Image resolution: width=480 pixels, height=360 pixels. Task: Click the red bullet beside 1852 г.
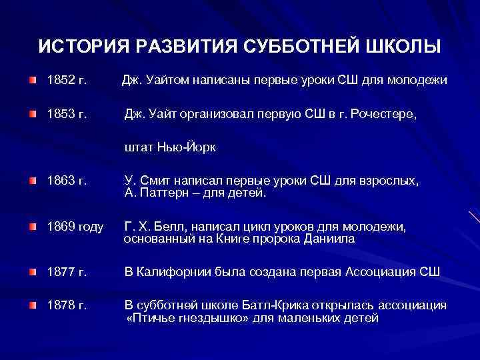[33, 81]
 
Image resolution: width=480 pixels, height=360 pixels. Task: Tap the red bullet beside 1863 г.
[33, 181]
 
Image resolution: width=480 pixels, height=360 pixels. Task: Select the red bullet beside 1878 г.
[33, 305]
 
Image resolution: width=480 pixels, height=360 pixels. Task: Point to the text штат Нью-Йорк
[170, 147]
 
